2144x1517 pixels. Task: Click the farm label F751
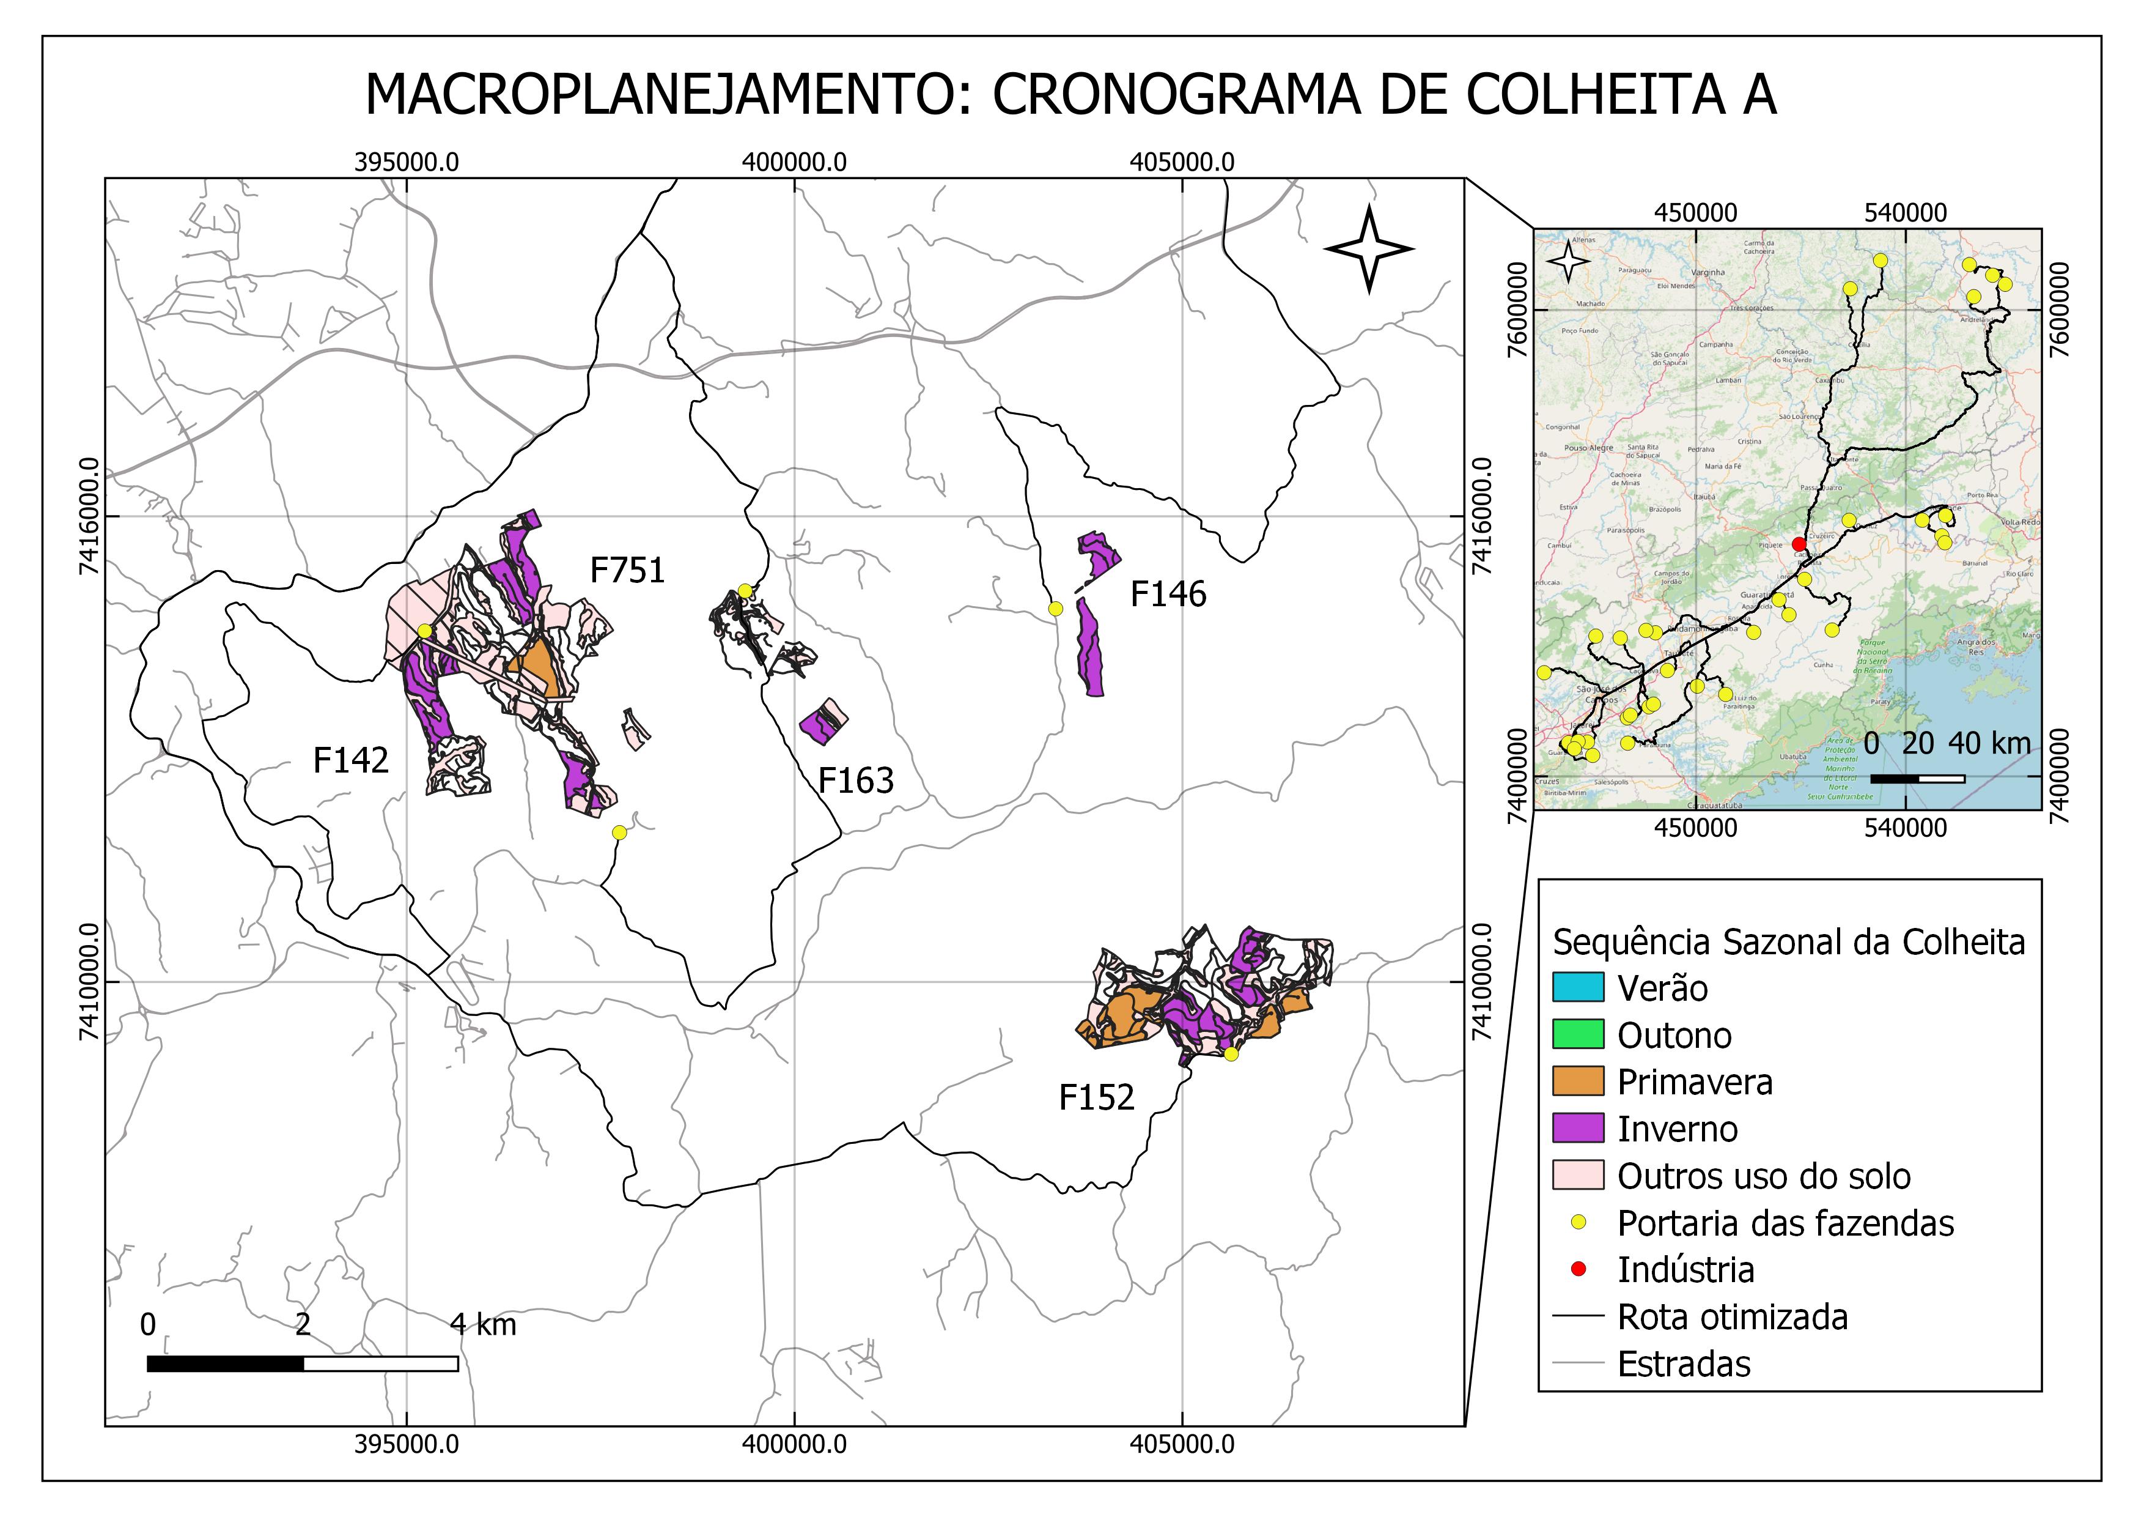click(627, 571)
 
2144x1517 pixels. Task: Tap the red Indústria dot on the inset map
click(1799, 544)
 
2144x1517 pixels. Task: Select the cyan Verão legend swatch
click(1578, 987)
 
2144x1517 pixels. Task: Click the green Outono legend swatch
click(1578, 1034)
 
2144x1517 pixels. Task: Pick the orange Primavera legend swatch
click(1578, 1081)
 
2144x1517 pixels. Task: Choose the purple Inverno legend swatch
click(1578, 1129)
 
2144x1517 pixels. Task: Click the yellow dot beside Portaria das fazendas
click(1578, 1223)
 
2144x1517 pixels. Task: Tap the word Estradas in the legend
click(1684, 1365)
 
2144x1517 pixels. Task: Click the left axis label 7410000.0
click(90, 982)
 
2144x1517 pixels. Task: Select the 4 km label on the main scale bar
click(483, 1324)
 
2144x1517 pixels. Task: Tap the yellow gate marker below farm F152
click(1231, 1055)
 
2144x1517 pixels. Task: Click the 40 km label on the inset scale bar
click(1989, 744)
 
